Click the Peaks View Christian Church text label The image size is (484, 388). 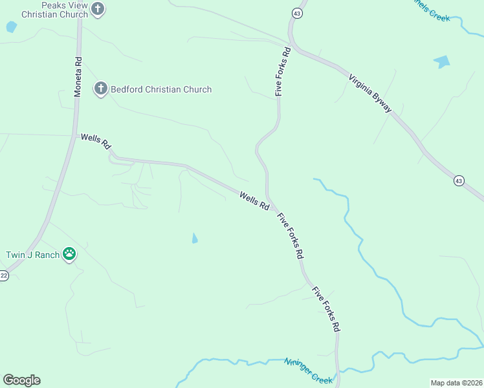coord(55,10)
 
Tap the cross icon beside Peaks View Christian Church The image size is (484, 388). coord(98,9)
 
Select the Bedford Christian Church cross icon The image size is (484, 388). coord(100,89)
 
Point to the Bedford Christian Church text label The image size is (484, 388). coord(161,89)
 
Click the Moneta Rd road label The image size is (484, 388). coord(78,78)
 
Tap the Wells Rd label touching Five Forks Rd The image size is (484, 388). coord(254,200)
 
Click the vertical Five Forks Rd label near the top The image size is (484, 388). coord(281,70)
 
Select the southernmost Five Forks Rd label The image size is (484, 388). coord(326,309)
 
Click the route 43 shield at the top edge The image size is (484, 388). coord(297,13)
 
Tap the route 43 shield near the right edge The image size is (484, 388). coord(459,180)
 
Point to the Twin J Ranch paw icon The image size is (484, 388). coord(69,255)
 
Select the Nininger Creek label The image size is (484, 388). coord(308,371)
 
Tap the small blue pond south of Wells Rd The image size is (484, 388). coord(195,239)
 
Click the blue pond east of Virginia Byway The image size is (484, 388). coord(443,62)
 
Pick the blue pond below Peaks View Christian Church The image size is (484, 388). coord(11,27)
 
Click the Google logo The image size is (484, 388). coord(21,380)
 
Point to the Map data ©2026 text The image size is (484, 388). coord(456,382)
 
